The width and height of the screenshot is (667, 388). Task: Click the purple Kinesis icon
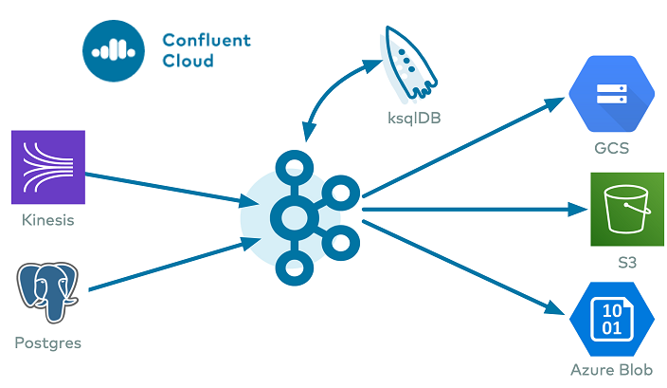pos(48,167)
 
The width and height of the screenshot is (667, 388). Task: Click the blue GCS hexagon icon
pos(611,95)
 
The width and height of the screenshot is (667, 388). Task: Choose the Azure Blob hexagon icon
pos(611,320)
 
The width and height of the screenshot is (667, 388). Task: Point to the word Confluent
pos(206,40)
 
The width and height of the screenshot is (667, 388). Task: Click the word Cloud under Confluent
pos(188,62)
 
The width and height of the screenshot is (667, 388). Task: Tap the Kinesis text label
pos(47,221)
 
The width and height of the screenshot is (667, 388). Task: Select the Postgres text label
pos(47,343)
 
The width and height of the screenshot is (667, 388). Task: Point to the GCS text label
pos(611,148)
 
